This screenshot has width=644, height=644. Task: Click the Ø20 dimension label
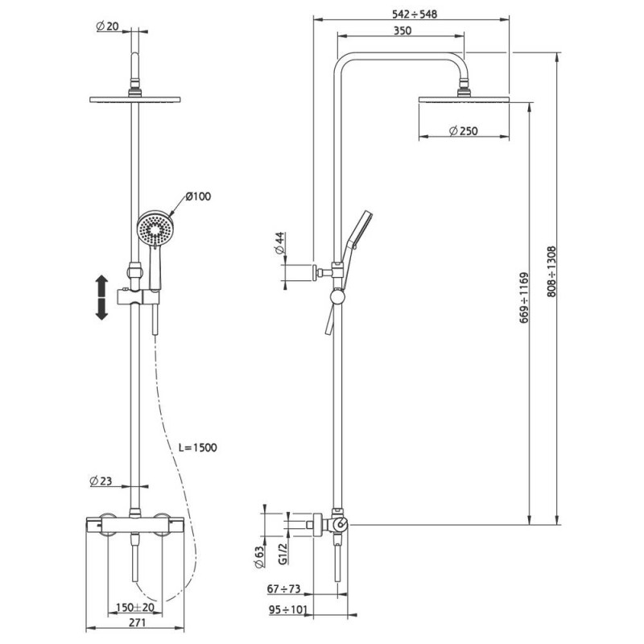(107, 27)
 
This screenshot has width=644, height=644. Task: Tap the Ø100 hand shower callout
(198, 196)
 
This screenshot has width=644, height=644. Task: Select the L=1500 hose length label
(197, 448)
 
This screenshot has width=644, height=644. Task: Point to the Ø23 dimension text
(101, 481)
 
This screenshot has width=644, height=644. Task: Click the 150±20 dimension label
(135, 607)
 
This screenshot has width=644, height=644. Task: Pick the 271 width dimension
(137, 622)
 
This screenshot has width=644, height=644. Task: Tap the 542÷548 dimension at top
(415, 14)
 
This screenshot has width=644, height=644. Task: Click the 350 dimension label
(402, 31)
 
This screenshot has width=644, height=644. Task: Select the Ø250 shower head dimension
(464, 131)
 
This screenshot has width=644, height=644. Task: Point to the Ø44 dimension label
(279, 244)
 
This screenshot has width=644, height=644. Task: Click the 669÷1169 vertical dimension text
(525, 297)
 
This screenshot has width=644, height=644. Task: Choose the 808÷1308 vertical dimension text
(551, 271)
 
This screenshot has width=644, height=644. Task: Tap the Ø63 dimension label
(259, 557)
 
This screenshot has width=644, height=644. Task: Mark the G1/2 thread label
(283, 553)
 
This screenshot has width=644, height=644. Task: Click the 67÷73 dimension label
(284, 588)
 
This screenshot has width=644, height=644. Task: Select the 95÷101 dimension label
(288, 610)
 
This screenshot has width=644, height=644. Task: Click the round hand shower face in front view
(155, 229)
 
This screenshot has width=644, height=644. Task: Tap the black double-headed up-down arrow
(101, 298)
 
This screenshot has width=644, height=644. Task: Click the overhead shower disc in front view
(135, 99)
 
